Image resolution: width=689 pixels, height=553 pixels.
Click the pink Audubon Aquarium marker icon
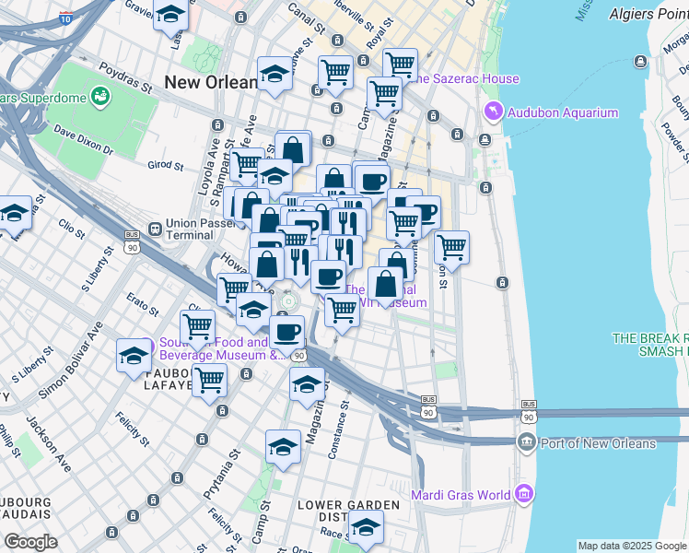click(493, 112)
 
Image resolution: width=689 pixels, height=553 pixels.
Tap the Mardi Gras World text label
click(461, 495)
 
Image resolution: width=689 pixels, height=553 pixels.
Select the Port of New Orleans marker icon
click(526, 442)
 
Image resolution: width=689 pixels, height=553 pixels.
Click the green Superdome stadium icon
click(100, 95)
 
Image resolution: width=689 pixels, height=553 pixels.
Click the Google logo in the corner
click(29, 542)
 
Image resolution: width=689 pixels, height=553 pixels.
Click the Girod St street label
click(166, 166)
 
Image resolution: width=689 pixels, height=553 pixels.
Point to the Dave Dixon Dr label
click(82, 141)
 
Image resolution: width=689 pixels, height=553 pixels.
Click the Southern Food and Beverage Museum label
click(212, 347)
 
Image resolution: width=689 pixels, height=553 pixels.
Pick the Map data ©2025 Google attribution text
click(632, 546)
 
